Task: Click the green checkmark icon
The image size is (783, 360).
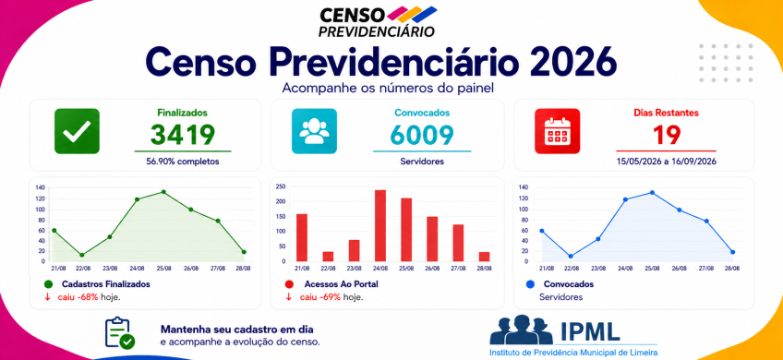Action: point(77,131)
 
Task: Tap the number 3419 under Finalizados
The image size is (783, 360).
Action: point(183,135)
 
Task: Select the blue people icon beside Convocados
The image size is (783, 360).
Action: point(314,131)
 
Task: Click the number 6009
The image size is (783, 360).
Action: point(422,135)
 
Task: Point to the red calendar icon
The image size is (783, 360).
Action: point(558,131)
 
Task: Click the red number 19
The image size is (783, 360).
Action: point(667,135)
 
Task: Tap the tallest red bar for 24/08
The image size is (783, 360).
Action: point(380,225)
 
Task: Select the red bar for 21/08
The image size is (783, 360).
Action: point(302,237)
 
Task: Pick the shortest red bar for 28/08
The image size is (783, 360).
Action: point(484,257)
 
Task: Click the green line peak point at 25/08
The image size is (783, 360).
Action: point(163,192)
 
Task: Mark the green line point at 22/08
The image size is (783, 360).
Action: point(81,255)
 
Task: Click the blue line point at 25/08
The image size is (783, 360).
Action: point(652,192)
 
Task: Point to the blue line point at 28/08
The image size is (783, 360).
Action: point(732,252)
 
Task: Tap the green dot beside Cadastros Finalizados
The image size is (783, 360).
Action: point(48,284)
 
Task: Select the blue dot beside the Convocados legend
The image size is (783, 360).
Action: point(530,284)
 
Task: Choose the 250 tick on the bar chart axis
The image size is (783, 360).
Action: point(281,186)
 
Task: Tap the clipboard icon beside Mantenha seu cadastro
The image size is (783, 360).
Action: point(120,332)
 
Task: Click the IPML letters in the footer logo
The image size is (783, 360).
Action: point(590,330)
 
